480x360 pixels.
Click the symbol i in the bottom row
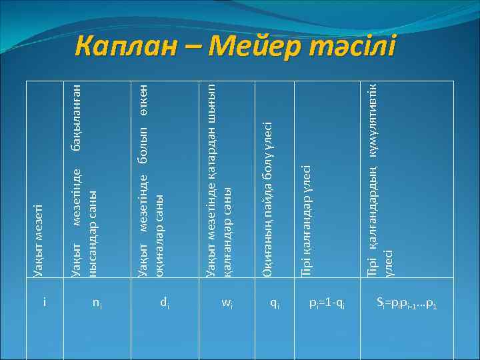coord(44,303)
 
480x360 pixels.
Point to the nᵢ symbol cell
coord(97,303)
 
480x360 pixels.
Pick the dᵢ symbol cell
coord(163,303)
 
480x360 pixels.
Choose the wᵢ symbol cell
coord(227,303)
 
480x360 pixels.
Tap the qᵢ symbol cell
coord(274,303)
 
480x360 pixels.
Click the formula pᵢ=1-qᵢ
coord(327,303)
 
